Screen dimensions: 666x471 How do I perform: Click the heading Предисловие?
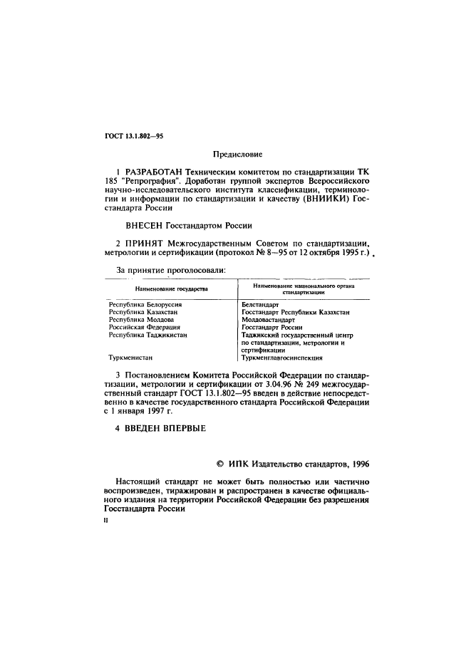click(x=238, y=154)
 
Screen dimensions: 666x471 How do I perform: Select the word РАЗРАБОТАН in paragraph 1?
click(x=152, y=172)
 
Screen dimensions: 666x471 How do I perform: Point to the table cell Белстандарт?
click(x=260, y=305)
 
